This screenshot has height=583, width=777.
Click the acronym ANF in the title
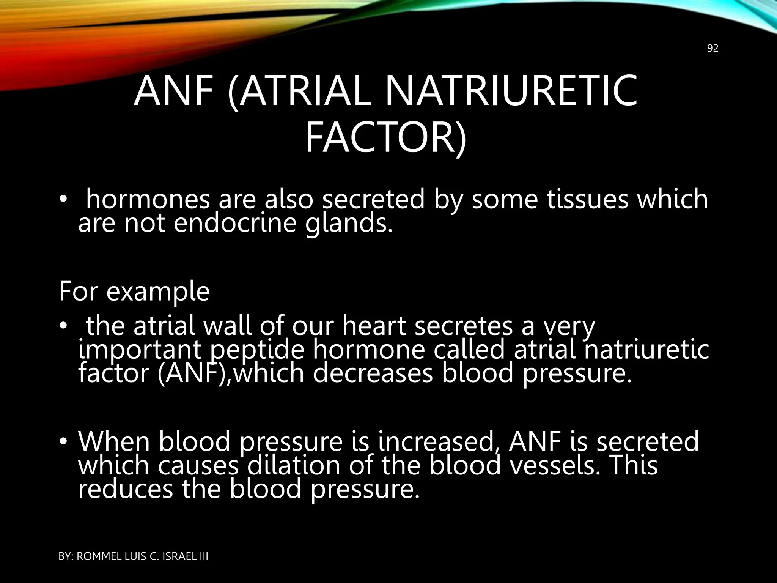tap(178, 91)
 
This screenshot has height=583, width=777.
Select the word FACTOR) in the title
tap(385, 136)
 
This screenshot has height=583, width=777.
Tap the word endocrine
tap(235, 223)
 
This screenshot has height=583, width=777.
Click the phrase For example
tap(134, 291)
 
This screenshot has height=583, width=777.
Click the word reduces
tap(125, 489)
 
